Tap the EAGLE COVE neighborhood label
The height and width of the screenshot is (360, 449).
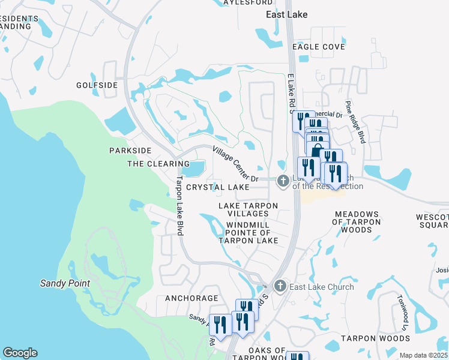pos(318,47)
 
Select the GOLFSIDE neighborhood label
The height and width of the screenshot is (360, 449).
pos(97,85)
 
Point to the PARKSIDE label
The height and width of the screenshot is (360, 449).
pos(130,150)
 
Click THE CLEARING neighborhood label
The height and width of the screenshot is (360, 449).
pos(158,164)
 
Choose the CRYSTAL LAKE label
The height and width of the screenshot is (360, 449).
pos(217,187)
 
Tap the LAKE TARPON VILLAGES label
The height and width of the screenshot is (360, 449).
pos(248,209)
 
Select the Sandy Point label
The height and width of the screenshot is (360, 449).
pos(65,283)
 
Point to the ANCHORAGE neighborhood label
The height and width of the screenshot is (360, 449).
pos(191,298)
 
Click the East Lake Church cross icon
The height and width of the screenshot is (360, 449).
pos(280,286)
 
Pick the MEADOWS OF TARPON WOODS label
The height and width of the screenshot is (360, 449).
pos(357,221)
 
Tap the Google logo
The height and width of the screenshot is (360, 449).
pos(20,353)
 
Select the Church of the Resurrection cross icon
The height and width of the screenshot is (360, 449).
pos(283,181)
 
